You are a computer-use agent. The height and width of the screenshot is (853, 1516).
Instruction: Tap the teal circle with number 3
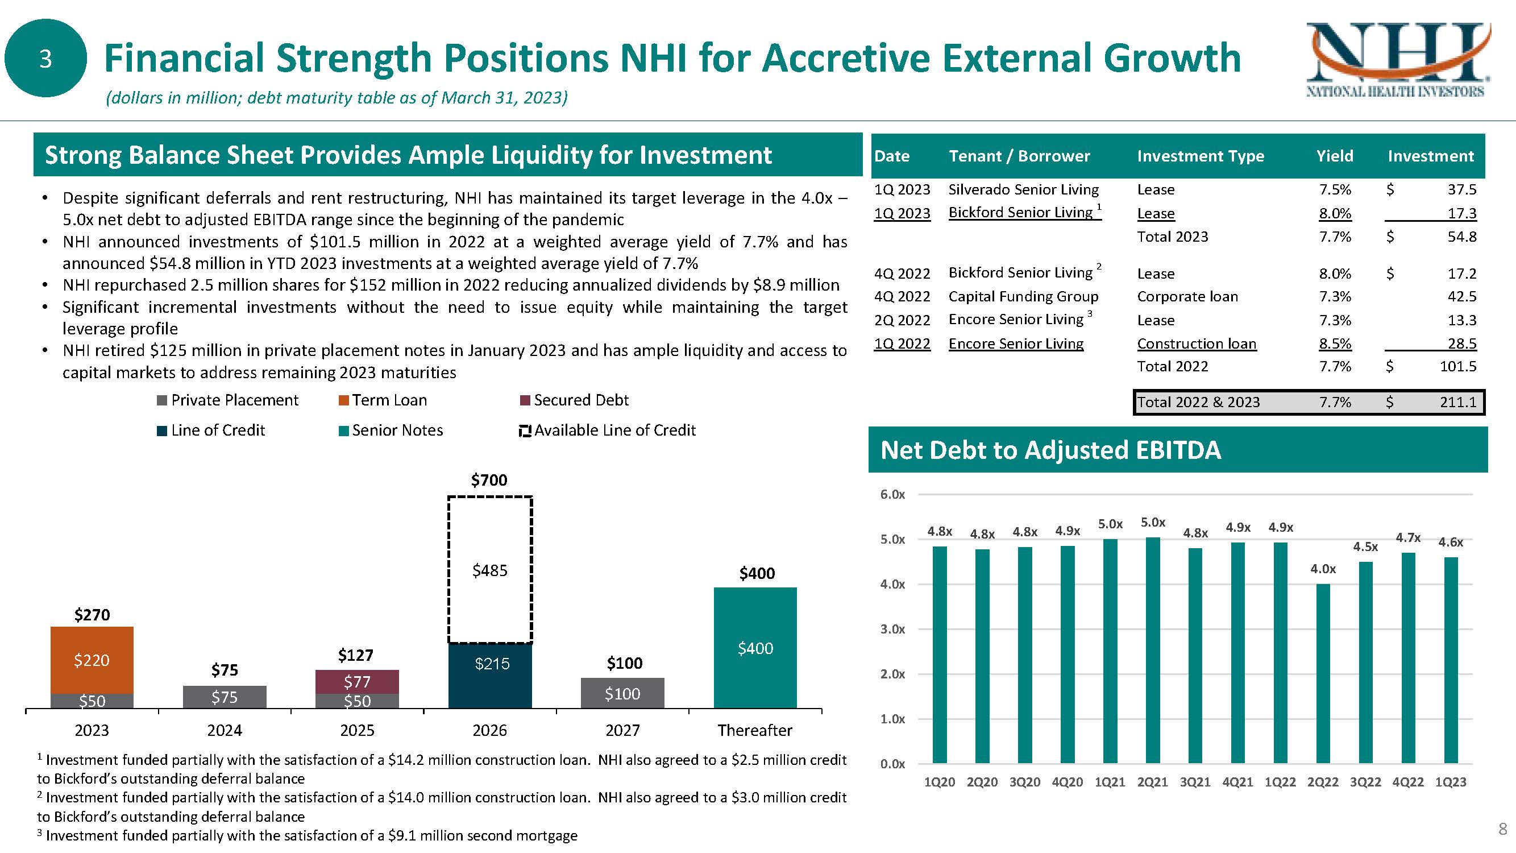[x=45, y=58]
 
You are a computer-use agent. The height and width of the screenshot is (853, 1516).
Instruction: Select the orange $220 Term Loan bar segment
[x=92, y=659]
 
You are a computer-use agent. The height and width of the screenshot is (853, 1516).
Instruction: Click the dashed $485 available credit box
[x=489, y=570]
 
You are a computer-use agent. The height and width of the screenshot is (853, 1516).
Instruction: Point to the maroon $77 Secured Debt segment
[x=357, y=682]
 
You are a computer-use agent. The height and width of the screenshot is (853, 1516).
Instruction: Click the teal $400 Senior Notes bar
[x=755, y=648]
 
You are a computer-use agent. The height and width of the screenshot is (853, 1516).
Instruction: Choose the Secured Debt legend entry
[x=574, y=400]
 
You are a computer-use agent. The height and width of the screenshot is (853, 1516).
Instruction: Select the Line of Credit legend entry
[x=211, y=430]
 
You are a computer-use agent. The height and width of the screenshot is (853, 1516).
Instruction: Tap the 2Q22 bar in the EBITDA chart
[x=1323, y=674]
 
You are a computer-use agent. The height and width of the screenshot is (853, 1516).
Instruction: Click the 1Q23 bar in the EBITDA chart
[x=1451, y=659]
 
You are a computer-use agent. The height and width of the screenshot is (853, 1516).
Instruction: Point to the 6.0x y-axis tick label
[x=892, y=495]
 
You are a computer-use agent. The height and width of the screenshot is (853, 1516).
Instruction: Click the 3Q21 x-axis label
[x=1195, y=782]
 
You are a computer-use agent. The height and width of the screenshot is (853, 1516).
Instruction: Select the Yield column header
[x=1335, y=156]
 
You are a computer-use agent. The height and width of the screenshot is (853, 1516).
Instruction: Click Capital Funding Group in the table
[x=1023, y=297]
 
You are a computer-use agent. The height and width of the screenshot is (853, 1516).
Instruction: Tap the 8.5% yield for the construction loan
[x=1335, y=344]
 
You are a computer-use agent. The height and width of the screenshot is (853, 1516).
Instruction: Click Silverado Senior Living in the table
[x=1023, y=189]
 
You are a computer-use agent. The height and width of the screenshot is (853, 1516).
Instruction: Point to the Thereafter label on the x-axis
[x=754, y=730]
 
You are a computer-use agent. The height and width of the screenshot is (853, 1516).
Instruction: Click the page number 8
[x=1502, y=830]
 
